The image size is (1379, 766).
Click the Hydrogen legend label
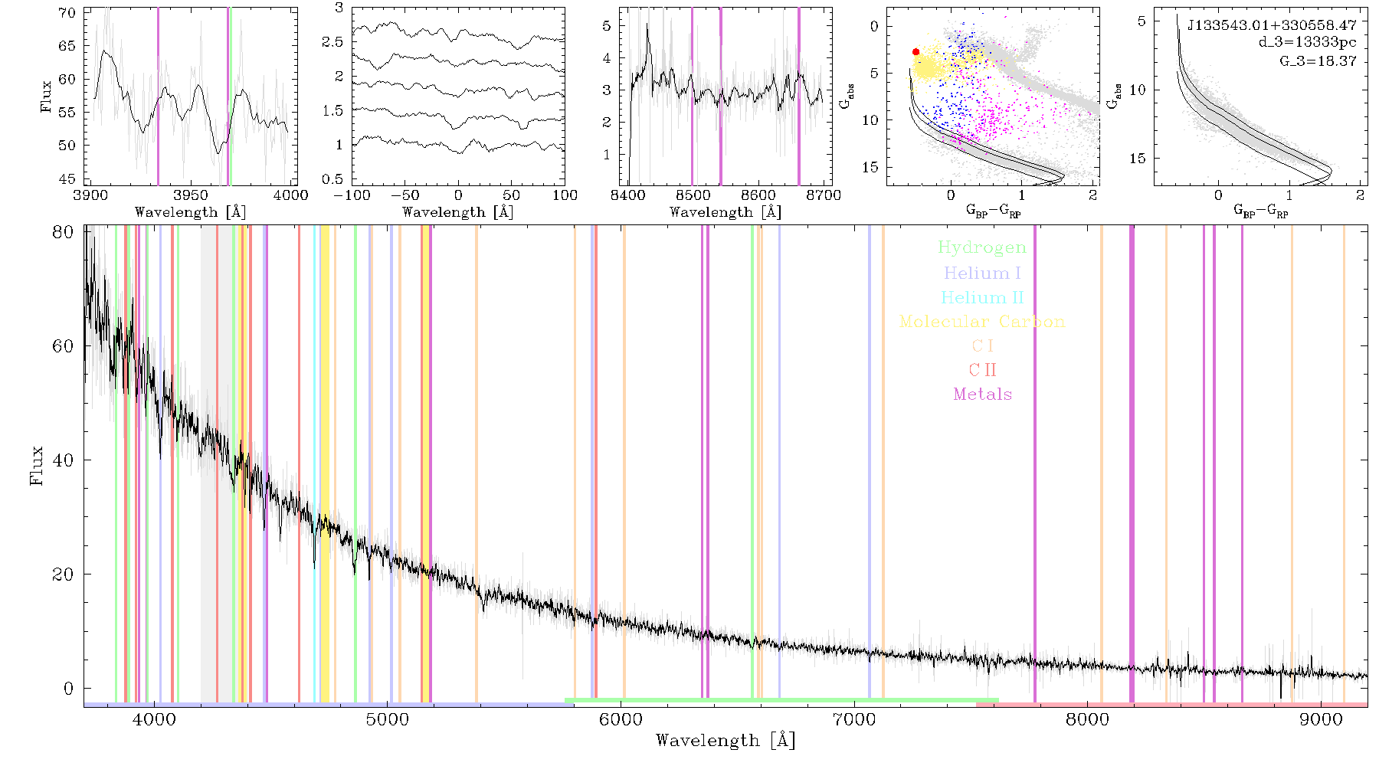pos(982,248)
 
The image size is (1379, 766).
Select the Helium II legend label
pos(982,297)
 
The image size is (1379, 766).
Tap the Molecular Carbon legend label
pos(982,322)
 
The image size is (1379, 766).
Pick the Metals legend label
pos(982,394)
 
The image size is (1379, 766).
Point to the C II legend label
pos(982,370)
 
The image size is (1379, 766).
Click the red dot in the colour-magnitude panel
pos(916,52)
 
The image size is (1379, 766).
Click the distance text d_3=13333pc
pos(1307,43)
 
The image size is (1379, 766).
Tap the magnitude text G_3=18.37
pos(1318,61)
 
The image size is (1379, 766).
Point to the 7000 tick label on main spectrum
pos(853,719)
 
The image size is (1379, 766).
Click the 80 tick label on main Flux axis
pos(64,231)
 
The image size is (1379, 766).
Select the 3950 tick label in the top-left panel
pos(191,195)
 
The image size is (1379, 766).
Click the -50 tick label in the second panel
pos(405,195)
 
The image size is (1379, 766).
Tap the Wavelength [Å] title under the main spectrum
pos(726,741)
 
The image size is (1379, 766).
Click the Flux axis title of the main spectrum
pos(36,465)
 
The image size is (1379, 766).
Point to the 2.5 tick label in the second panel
pos(332,41)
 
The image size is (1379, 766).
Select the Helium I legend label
pos(982,273)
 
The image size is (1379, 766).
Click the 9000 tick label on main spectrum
pos(1321,719)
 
